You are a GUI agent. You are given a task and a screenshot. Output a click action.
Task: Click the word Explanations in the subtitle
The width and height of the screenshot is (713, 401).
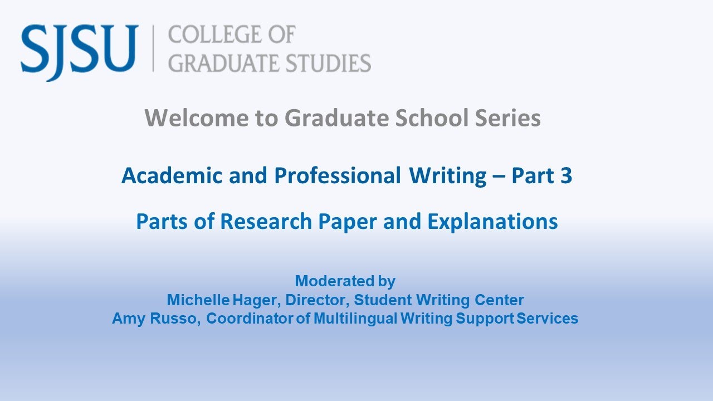point(492,221)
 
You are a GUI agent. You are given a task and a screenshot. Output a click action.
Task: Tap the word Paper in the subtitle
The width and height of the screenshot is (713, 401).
point(346,221)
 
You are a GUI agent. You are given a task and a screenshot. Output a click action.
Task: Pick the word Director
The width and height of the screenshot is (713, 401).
point(318,300)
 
